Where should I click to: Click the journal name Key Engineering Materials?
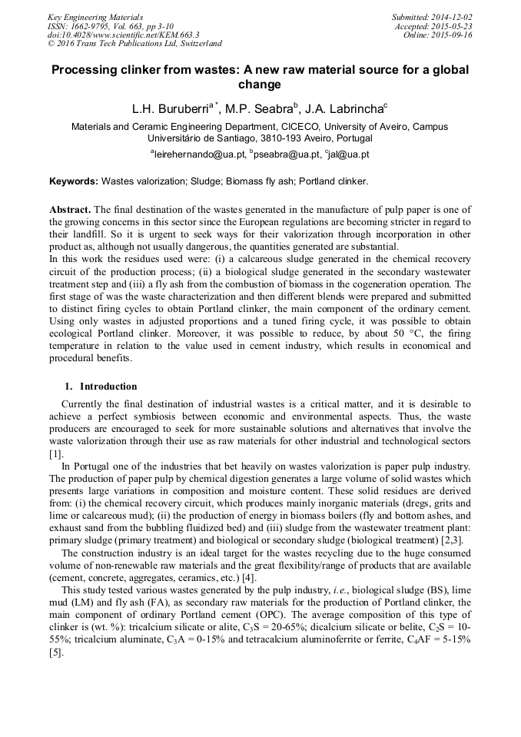[95, 16]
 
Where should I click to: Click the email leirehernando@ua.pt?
[197, 154]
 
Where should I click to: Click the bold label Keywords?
[74, 182]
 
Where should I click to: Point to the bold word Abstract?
[70, 210]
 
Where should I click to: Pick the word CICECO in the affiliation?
[297, 127]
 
